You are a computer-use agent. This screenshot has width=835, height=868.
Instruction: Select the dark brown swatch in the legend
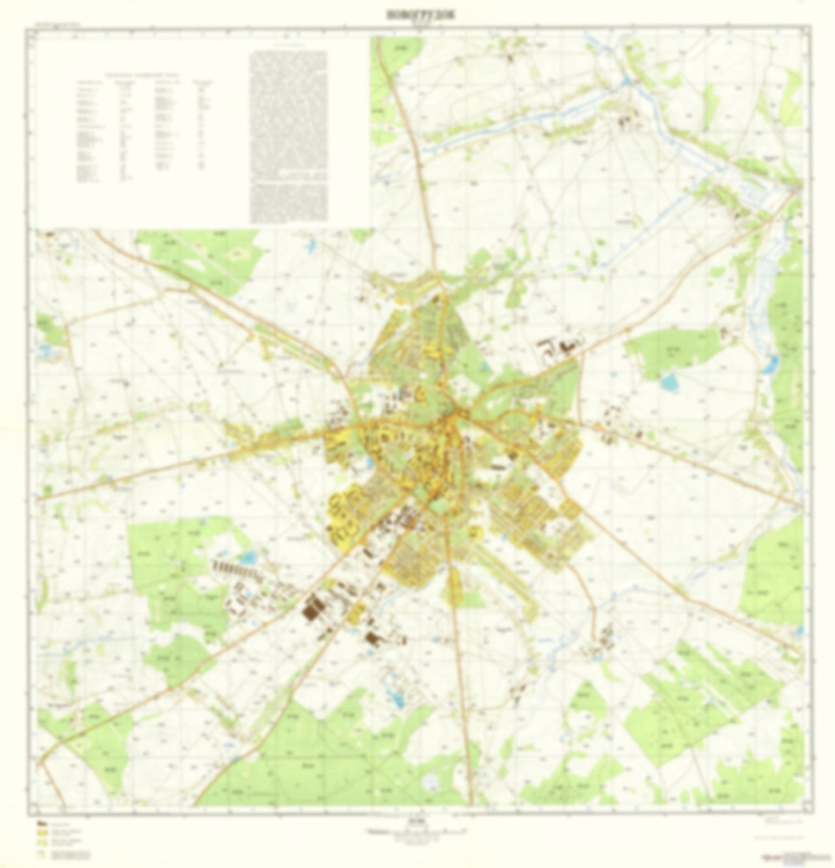pyautogui.click(x=42, y=823)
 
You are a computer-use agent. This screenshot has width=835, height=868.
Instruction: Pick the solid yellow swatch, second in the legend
pyautogui.click(x=42, y=833)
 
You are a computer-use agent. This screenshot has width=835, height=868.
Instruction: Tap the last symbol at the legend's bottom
pyautogui.click(x=42, y=854)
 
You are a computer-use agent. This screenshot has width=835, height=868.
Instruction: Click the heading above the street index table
pyautogui.click(x=142, y=74)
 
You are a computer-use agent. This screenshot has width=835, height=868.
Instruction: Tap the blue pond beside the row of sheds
pyautogui.click(x=249, y=557)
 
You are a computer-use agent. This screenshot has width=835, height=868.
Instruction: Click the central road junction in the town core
pyautogui.click(x=457, y=414)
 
